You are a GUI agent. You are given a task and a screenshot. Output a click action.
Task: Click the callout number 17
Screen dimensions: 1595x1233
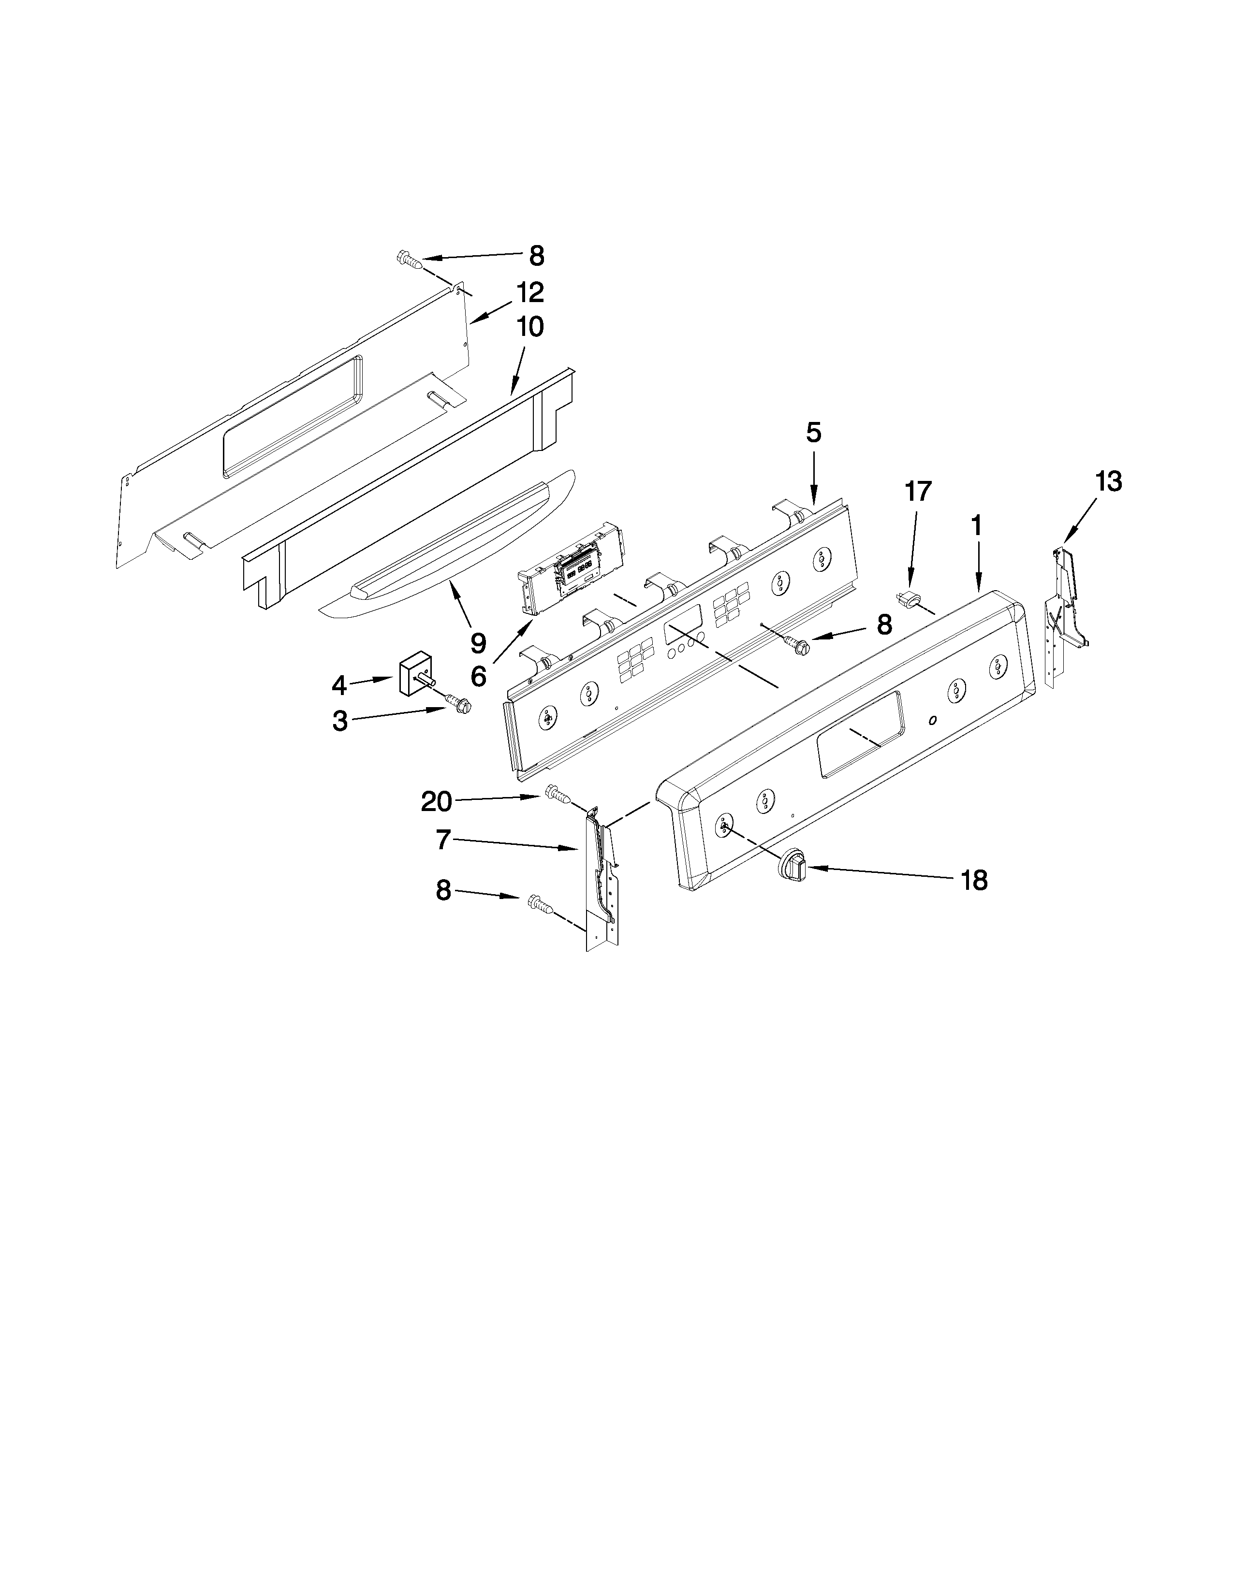tap(918, 492)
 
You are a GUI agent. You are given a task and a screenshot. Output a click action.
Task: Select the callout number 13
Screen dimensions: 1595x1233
tap(1108, 482)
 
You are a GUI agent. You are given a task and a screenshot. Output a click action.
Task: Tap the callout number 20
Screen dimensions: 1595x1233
tap(437, 802)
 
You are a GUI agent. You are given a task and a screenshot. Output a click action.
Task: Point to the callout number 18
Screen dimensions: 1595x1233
tap(974, 881)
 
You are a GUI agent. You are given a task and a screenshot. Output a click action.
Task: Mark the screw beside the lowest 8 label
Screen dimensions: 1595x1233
tap(539, 906)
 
